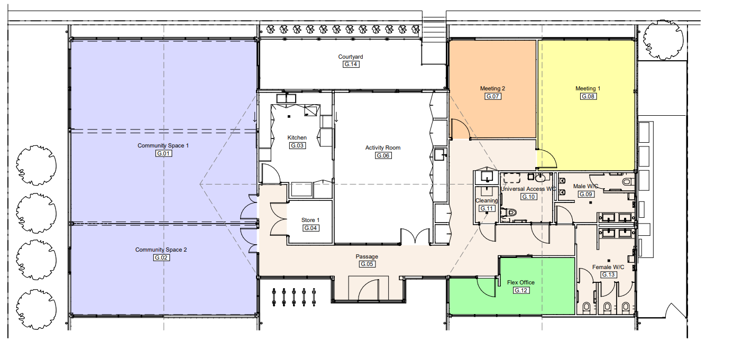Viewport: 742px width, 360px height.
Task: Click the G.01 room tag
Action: pyautogui.click(x=163, y=153)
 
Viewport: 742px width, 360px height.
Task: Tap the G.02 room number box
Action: pyautogui.click(x=161, y=257)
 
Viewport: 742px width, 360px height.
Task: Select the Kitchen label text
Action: pyautogui.click(x=297, y=137)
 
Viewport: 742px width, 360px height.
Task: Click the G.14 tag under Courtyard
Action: pyautogui.click(x=351, y=64)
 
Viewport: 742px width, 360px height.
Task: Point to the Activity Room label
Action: pyautogui.click(x=383, y=147)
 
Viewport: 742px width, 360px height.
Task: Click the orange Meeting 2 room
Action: pyautogui.click(x=492, y=89)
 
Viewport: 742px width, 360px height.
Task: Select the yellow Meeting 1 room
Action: pyautogui.click(x=587, y=99)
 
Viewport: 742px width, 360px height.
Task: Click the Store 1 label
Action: pyautogui.click(x=310, y=220)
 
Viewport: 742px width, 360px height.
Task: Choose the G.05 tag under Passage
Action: pyautogui.click(x=367, y=264)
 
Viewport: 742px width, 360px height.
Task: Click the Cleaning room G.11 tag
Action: pyautogui.click(x=487, y=208)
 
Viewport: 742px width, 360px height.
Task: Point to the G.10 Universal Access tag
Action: pyautogui.click(x=528, y=197)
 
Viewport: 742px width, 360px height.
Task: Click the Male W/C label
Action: pyautogui.click(x=585, y=186)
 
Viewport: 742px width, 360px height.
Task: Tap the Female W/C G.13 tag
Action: pyautogui.click(x=608, y=274)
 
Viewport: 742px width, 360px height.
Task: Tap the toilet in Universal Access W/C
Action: pyautogui.click(x=508, y=213)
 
